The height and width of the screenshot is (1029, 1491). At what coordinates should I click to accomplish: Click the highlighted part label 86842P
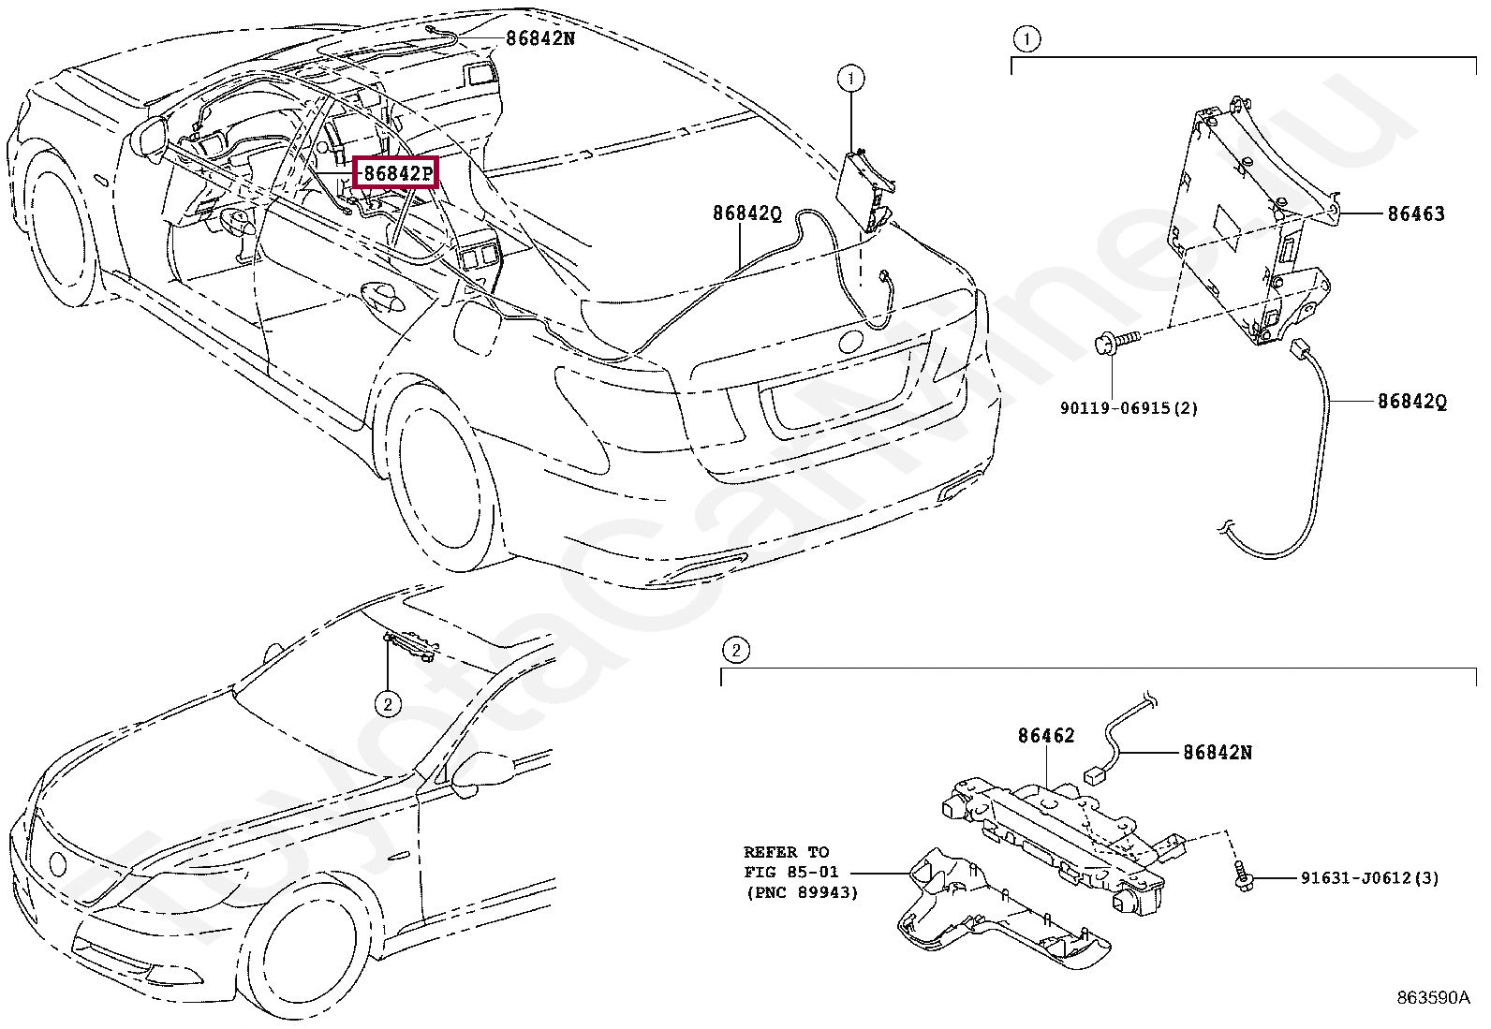coord(398,173)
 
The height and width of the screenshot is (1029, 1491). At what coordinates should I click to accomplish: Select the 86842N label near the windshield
coord(541,38)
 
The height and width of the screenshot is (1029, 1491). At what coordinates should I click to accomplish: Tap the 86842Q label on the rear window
coord(746,213)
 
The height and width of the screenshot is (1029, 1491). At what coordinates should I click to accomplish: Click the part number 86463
coord(1415,213)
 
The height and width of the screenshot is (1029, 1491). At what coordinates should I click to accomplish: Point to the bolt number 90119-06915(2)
coord(1129,408)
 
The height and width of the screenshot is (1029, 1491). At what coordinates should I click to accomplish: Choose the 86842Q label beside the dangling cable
coord(1411,401)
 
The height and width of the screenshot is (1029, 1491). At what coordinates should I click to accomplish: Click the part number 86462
coord(1046,736)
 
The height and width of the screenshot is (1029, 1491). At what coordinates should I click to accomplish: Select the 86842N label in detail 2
coord(1218,752)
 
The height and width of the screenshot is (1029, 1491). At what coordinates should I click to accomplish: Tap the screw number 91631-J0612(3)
coord(1369,878)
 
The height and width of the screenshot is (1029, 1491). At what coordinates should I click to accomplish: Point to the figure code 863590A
coord(1433,998)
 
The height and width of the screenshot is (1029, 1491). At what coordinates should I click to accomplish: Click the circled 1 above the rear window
coord(850,78)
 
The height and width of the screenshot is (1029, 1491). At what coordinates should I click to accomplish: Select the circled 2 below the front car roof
coord(388,702)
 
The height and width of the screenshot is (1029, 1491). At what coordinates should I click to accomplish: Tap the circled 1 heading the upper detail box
coord(1026,38)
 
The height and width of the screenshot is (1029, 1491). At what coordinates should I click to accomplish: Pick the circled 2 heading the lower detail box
coord(736,649)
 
